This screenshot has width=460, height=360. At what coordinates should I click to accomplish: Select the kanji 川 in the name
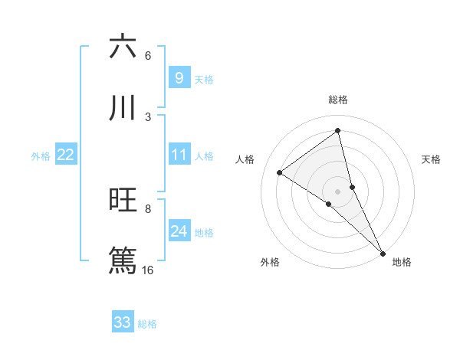tap(123, 108)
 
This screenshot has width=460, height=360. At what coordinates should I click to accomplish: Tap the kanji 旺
tap(123, 201)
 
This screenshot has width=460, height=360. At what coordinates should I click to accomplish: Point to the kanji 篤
tap(123, 259)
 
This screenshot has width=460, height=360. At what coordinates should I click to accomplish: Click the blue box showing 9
tap(179, 77)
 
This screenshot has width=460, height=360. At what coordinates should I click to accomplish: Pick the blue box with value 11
tap(179, 155)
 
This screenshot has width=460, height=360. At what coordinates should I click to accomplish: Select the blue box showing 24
tap(179, 231)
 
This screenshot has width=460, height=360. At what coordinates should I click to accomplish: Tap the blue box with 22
tap(65, 155)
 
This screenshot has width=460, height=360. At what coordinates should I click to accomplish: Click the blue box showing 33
tap(123, 322)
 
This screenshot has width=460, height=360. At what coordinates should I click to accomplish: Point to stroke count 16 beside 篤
tap(147, 270)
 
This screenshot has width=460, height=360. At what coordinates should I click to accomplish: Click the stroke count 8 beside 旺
tap(147, 208)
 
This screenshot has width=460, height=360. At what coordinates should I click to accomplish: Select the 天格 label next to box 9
tap(204, 79)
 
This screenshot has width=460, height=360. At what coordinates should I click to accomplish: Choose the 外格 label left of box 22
tap(41, 155)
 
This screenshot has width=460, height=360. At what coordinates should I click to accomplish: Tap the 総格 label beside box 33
tap(147, 324)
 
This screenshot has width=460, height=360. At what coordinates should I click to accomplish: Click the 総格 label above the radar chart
tap(338, 100)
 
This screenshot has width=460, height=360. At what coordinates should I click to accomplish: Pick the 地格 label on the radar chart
tap(402, 262)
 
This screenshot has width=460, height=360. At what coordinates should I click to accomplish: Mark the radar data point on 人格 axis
tap(280, 173)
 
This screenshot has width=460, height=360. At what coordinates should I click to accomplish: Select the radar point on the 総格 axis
tap(338, 131)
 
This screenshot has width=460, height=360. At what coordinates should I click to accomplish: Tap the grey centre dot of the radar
tap(338, 191)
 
